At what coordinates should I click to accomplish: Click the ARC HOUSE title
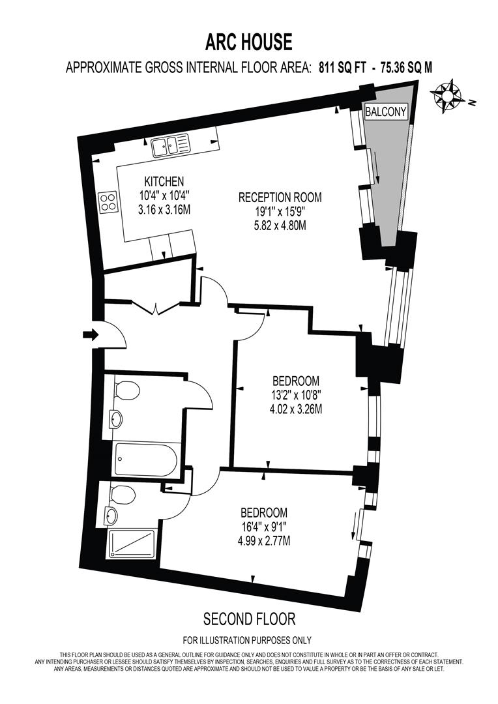(249, 42)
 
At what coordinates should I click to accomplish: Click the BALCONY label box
(385, 112)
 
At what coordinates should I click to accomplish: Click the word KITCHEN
(164, 181)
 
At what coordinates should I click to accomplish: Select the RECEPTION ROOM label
(280, 197)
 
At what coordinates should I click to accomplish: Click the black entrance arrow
(91, 335)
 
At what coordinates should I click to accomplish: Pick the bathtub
(146, 459)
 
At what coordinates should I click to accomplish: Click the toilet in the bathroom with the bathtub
(126, 390)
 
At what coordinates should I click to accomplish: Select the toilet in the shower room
(122, 495)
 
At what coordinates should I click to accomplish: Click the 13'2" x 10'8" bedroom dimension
(296, 395)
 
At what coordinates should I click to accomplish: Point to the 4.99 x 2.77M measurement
(264, 541)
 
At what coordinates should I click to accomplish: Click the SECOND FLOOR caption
(249, 618)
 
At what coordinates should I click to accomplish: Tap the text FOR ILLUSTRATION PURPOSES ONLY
(247, 640)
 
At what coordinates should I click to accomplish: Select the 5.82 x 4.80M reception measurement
(280, 226)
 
